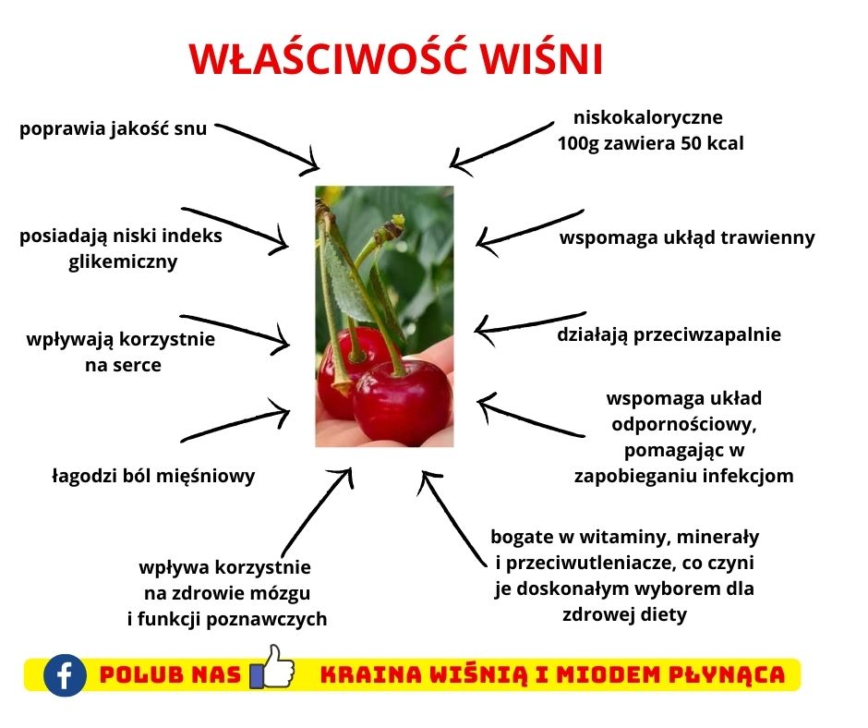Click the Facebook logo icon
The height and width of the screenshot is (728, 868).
65,674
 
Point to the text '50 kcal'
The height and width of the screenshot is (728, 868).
708,144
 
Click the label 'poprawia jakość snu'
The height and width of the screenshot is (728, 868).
114,128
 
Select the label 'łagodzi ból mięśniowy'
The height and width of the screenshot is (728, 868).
152,476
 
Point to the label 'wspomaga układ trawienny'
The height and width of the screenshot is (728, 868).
687,237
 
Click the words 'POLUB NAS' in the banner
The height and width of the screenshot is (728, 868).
169,675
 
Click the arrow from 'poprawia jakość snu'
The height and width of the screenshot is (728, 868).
268,144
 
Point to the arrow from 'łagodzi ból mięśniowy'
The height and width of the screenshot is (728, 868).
235,420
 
